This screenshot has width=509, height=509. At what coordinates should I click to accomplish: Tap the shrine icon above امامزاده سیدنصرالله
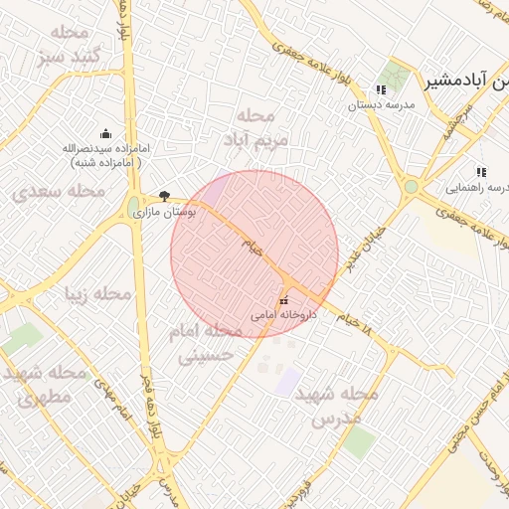click(x=106, y=134)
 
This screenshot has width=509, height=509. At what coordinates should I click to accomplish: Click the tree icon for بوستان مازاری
click(x=164, y=197)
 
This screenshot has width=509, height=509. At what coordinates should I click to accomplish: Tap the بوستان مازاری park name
click(x=179, y=212)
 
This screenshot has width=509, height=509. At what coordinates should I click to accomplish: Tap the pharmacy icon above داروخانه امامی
click(x=283, y=300)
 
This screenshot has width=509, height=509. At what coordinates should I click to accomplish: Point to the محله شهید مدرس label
click(x=344, y=406)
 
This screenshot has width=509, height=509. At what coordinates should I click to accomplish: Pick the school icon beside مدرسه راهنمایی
click(x=481, y=172)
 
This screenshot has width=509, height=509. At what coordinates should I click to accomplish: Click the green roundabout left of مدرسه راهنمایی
click(x=411, y=187)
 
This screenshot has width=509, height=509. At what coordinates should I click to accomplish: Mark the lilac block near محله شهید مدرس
click(x=287, y=381)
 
